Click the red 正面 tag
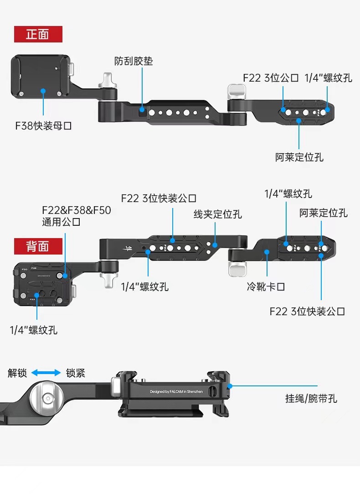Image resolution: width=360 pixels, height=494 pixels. click(38, 34)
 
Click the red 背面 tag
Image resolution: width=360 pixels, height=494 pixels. click(38, 246)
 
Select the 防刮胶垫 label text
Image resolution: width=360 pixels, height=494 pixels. click(134, 61)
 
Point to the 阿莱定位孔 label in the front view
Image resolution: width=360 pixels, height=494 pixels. click(299, 157)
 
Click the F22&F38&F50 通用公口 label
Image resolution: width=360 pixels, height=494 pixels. click(76, 216)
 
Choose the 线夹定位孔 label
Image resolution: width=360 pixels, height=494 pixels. click(218, 214)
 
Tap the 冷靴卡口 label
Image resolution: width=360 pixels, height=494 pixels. click(266, 287)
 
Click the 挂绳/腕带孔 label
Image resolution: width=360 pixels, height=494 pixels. click(311, 398)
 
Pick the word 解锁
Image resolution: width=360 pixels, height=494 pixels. click(17, 373)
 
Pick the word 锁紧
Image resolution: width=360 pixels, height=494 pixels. click(76, 373)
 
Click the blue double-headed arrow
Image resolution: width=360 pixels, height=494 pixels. click(46, 373)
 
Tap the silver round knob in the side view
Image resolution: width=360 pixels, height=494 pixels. click(47, 398)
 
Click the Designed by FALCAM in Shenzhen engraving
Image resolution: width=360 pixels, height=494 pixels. click(176, 391)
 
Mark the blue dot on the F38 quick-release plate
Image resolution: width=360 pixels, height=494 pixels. click(43, 91)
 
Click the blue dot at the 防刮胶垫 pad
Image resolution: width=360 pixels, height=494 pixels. click(142, 109)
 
